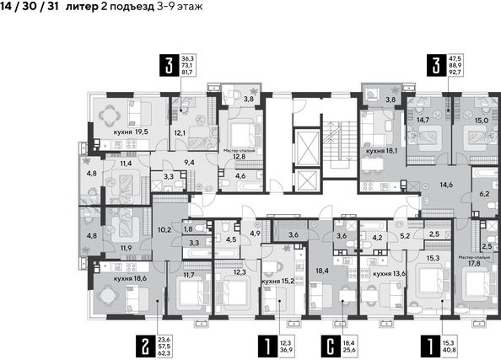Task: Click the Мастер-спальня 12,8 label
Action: [x=239, y=153]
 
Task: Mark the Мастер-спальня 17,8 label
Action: [x=473, y=259]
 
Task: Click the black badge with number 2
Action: [x=147, y=344]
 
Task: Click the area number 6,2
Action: [x=483, y=193]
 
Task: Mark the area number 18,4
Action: [x=324, y=271]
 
